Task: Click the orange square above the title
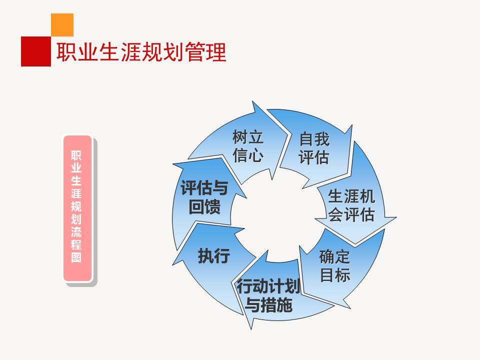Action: point(62,24)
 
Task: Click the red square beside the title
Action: point(35,51)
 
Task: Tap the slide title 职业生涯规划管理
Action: point(141,52)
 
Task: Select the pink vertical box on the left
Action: point(77,207)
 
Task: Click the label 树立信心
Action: point(247,146)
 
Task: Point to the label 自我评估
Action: point(314,148)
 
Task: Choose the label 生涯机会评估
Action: point(351,205)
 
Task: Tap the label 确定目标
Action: point(334,265)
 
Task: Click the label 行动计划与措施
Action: point(269,295)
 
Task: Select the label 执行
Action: point(213,255)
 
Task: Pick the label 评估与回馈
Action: point(204,197)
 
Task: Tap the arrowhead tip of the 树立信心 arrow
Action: point(288,134)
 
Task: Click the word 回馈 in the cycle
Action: point(204,206)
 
